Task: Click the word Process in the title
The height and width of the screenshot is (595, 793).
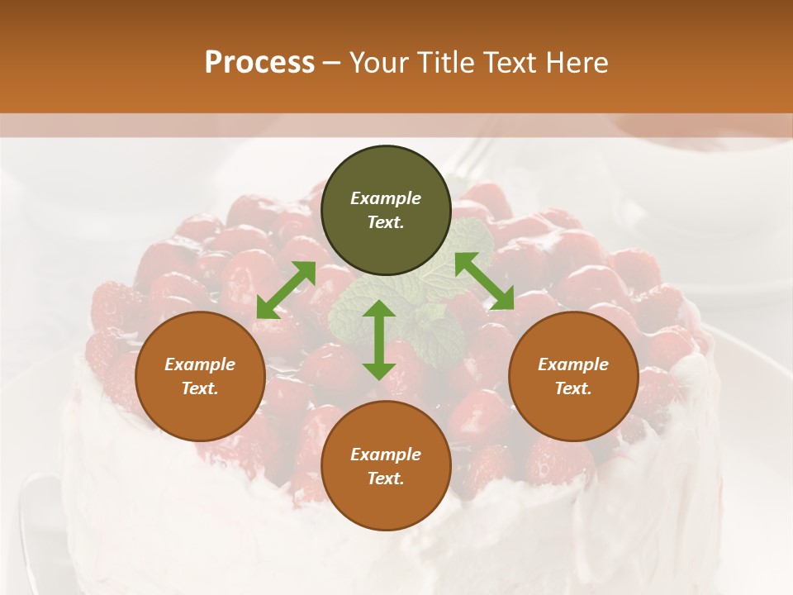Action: [x=259, y=63]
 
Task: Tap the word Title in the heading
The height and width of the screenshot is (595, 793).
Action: [x=452, y=63]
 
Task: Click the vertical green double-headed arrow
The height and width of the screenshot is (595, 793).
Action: [x=379, y=340]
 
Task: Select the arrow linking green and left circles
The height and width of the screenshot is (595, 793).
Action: [x=286, y=289]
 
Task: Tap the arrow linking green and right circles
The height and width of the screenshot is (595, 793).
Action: [x=485, y=281]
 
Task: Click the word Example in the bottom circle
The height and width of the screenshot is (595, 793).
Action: [x=386, y=455]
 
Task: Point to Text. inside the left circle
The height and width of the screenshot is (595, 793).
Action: [x=200, y=388]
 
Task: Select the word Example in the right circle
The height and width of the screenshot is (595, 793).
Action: [x=573, y=364]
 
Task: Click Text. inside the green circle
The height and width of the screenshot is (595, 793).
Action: [x=386, y=222]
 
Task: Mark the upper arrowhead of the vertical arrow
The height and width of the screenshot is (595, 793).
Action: [x=379, y=310]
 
